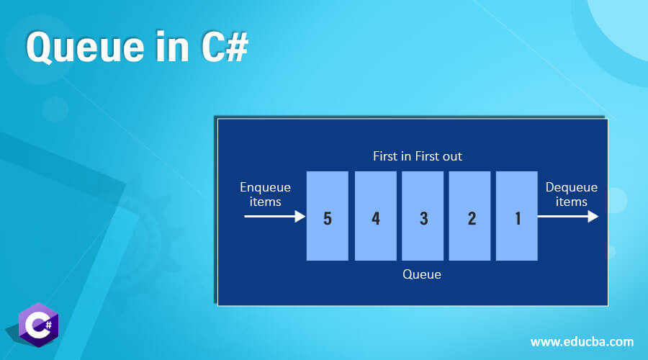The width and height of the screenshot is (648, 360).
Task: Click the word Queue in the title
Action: tap(85, 47)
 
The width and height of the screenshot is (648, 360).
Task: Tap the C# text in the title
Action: tap(225, 46)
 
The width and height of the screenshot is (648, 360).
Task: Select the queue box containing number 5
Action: tap(328, 216)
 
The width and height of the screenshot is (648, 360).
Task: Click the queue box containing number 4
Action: tap(376, 216)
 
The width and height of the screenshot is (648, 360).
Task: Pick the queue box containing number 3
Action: tap(423, 216)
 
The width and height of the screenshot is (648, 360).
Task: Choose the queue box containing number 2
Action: tap(470, 216)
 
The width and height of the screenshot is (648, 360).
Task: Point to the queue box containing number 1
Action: tap(517, 216)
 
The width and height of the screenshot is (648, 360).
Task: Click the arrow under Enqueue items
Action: tap(275, 216)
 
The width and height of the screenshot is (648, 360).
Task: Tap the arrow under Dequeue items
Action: tap(568, 216)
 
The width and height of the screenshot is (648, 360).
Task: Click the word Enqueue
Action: tap(265, 188)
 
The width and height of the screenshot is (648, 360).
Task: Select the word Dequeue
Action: tap(572, 188)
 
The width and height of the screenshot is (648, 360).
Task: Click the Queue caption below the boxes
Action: tap(422, 274)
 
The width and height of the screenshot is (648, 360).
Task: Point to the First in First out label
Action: tap(418, 156)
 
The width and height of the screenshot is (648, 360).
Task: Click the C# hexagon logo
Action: tap(38, 325)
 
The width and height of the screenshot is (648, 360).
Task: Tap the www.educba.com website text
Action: tap(582, 342)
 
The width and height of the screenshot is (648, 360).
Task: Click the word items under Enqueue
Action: tap(265, 202)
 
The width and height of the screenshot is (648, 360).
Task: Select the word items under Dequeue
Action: tap(572, 202)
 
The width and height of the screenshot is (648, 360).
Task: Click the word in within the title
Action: tap(173, 46)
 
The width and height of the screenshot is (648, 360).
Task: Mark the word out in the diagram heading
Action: tap(452, 157)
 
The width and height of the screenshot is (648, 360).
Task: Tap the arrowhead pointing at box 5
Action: tap(300, 216)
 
